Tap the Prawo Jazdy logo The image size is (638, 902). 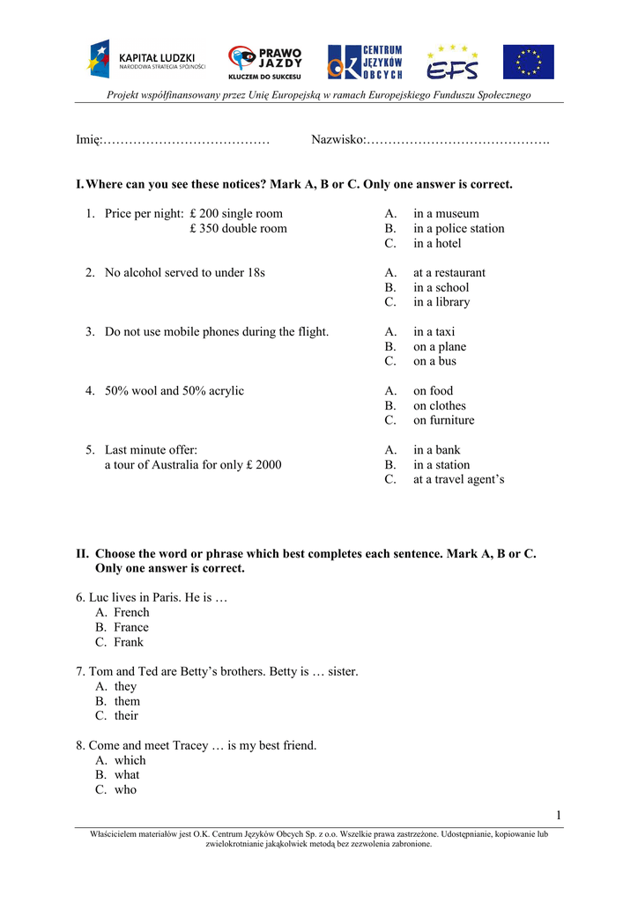(265, 62)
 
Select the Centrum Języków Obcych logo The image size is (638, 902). (365, 62)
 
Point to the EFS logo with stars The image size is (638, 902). (453, 62)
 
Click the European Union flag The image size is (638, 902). (529, 62)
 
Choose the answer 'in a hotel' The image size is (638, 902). (437, 243)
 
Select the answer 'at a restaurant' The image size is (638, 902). (449, 273)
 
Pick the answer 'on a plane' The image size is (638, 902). (440, 347)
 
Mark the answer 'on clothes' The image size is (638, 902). (439, 406)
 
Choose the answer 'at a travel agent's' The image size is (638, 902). (458, 480)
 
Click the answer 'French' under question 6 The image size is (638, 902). (131, 613)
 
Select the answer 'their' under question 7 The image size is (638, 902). (126, 716)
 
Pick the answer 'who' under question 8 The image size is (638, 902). (125, 790)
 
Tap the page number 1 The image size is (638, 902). (559, 813)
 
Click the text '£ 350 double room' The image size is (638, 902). (238, 229)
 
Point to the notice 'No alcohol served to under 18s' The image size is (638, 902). (184, 273)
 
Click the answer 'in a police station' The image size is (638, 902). (458, 229)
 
